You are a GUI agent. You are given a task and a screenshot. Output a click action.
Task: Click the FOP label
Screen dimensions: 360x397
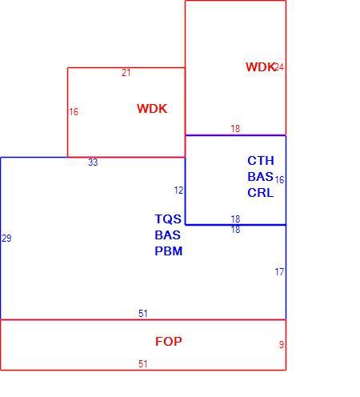(169, 341)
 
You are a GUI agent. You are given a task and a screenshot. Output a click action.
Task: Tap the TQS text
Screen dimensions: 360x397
(168, 219)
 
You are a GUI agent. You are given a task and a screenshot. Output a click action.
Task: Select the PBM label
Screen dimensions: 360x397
(169, 251)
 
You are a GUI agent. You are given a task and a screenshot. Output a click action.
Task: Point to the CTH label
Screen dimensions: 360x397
(261, 161)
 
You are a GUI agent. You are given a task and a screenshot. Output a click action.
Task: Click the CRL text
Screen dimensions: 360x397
(261, 193)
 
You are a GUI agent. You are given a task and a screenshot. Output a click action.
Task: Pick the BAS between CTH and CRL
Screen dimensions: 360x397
(260, 177)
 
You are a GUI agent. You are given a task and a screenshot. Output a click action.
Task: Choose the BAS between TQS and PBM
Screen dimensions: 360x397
(167, 235)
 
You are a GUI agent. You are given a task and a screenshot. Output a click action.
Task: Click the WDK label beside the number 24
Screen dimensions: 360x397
(260, 66)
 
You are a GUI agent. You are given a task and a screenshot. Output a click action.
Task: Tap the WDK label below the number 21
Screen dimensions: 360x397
(152, 109)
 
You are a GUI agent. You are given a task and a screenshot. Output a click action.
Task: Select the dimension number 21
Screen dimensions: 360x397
(126, 73)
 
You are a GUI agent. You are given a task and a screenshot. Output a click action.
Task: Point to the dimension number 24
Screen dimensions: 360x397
(279, 67)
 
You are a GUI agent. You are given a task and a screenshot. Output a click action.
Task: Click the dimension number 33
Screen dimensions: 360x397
(93, 162)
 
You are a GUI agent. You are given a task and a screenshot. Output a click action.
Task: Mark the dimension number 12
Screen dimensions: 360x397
(178, 190)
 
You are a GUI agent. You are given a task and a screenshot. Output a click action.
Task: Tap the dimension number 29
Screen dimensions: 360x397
(6, 239)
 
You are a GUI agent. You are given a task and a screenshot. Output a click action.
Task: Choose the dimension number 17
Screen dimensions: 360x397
(279, 272)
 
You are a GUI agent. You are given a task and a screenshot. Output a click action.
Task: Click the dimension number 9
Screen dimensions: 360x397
(282, 345)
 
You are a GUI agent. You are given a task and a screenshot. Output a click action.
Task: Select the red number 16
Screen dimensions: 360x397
(74, 112)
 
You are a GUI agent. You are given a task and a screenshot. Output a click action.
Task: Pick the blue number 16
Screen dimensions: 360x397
(279, 180)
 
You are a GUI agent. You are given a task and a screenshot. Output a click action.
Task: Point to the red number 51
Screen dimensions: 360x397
(143, 364)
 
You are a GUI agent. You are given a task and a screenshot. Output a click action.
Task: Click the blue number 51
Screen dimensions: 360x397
(143, 314)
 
